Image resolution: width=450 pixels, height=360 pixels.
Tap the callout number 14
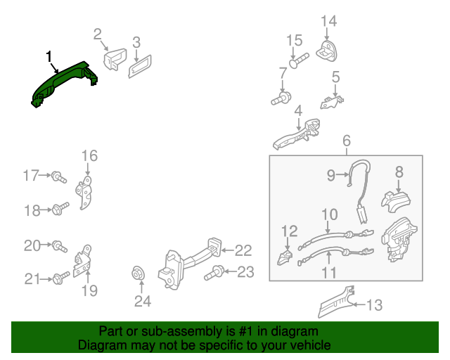328,21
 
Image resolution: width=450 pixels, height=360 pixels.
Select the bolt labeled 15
298,60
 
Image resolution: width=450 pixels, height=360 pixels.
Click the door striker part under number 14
326,51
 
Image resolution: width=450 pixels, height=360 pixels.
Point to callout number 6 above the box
347,141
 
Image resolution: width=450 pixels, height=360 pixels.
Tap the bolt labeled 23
214,273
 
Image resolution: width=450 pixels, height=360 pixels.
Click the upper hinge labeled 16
84,193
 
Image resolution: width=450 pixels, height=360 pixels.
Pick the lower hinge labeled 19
83,261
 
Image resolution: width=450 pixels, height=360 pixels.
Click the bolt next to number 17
59,176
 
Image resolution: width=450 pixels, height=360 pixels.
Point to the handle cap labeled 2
115,59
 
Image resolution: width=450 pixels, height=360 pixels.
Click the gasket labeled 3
140,67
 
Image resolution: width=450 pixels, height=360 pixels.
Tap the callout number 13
375,305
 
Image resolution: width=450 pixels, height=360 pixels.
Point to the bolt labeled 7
281,98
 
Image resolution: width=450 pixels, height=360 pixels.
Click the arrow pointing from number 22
227,250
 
